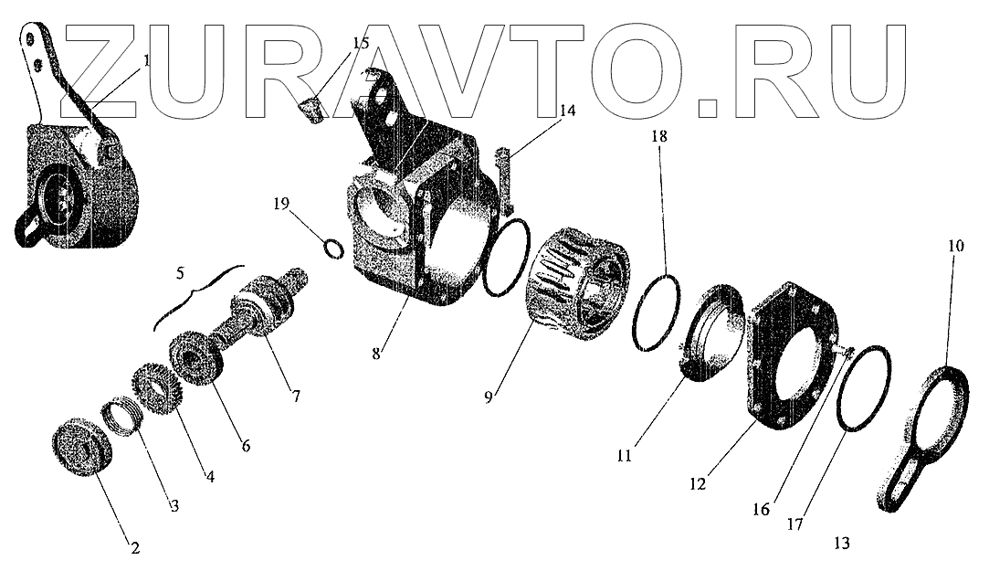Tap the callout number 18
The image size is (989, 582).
point(659,136)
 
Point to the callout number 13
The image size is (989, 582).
point(841,543)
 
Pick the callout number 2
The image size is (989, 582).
point(134,548)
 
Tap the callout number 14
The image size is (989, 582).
point(567,111)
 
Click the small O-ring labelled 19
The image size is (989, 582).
point(333,247)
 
